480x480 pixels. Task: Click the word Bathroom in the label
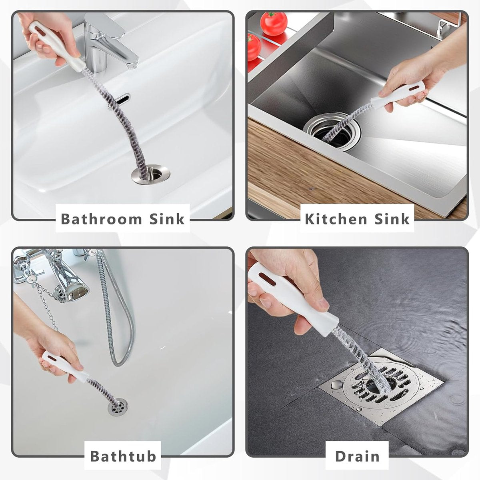pyautogui.click(x=101, y=219)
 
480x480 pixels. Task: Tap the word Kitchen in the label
pyautogui.click(x=336, y=219)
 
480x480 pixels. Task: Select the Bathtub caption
pyautogui.click(x=123, y=456)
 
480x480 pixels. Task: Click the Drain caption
pyautogui.click(x=357, y=456)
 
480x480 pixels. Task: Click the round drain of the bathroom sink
pyautogui.click(x=150, y=175)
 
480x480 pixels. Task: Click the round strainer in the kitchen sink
pyautogui.click(x=332, y=130)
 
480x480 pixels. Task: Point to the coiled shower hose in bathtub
pyautogui.click(x=116, y=312)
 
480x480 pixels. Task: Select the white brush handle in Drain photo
pyautogui.click(x=296, y=296)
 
